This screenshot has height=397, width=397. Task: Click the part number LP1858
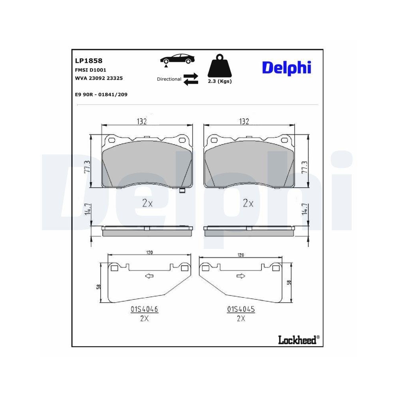point(89,61)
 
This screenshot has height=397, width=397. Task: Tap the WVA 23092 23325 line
point(98,78)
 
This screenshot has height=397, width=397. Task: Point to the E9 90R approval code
point(101,94)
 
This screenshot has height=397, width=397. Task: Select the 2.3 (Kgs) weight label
point(220,81)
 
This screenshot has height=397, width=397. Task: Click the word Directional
point(169,79)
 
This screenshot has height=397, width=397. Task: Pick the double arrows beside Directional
point(191,78)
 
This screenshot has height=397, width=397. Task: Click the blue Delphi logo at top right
point(286,67)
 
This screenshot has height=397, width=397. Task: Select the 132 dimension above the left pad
point(143,121)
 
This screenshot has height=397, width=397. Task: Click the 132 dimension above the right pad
point(244,121)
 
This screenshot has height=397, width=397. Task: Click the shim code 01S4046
point(142,309)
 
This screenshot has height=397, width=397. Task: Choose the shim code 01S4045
point(241,309)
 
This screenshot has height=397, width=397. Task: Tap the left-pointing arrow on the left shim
point(149,276)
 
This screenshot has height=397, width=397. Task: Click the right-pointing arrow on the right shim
point(241,276)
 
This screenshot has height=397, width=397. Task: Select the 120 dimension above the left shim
point(150,252)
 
